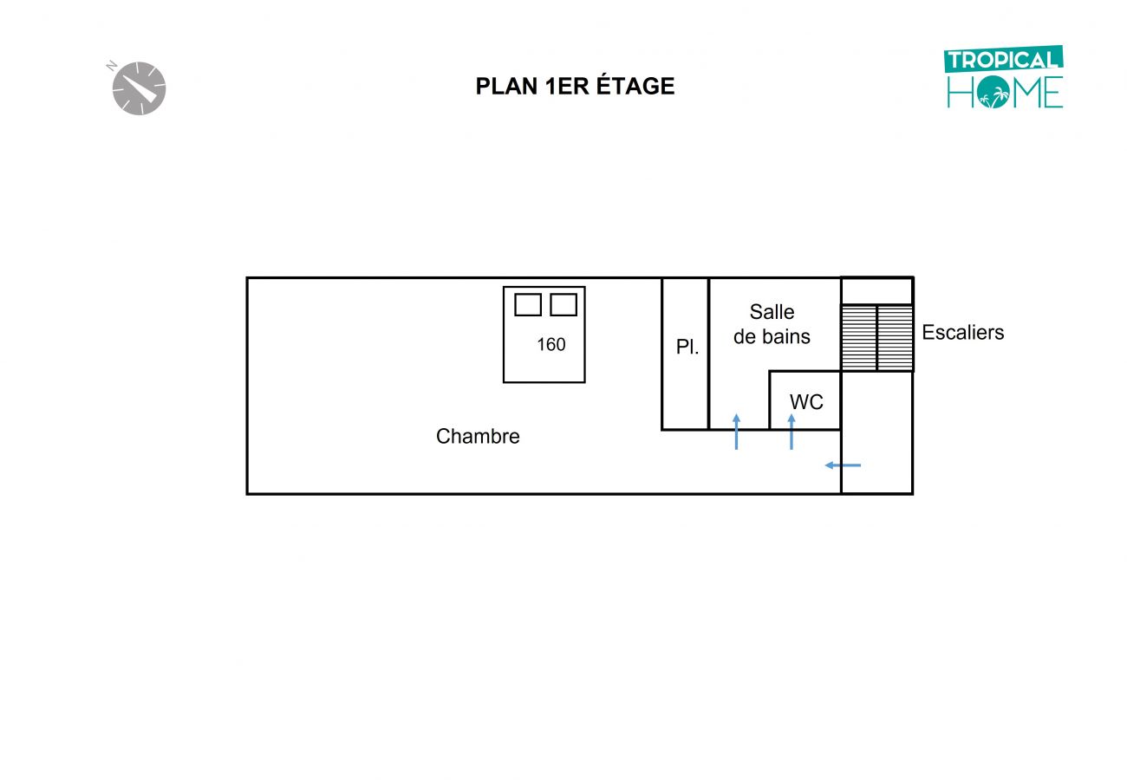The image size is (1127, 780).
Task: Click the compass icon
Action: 139,88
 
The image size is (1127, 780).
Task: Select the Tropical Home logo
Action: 1004,77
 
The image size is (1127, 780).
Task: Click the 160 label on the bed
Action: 550,345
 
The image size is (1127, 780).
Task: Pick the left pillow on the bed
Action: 528,305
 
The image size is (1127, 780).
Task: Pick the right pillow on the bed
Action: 563,305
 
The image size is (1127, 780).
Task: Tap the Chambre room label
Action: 478,437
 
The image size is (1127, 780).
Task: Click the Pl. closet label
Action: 687,348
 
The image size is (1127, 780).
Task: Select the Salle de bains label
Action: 772,324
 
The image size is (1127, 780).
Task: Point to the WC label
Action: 806,403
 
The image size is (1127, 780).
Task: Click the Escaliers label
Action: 962,333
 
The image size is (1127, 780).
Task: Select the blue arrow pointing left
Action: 843,465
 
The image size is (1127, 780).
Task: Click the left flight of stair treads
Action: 859,338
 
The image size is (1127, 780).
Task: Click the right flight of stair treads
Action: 895,338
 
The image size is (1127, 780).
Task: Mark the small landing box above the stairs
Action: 876,291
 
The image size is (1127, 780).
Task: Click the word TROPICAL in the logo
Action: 1003,61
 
